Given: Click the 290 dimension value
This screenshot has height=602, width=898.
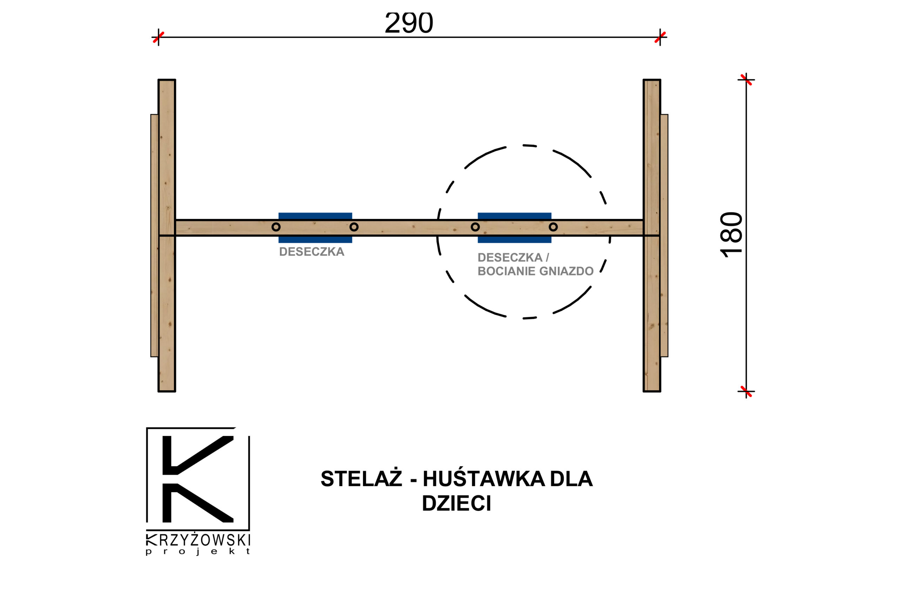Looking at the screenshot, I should pyautogui.click(x=409, y=23).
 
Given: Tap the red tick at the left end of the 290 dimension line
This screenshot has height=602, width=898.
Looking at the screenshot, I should pyautogui.click(x=158, y=37).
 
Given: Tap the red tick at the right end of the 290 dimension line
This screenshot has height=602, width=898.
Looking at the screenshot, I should pyautogui.click(x=660, y=37).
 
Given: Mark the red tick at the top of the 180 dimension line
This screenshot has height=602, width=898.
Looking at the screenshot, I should pyautogui.click(x=746, y=80).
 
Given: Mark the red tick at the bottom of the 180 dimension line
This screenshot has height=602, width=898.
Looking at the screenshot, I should pyautogui.click(x=746, y=392).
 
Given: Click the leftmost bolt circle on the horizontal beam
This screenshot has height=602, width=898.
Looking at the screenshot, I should pyautogui.click(x=276, y=227).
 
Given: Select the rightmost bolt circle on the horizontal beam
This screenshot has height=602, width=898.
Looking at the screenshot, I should pyautogui.click(x=553, y=227).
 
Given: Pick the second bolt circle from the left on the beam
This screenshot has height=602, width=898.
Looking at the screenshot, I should pyautogui.click(x=354, y=227).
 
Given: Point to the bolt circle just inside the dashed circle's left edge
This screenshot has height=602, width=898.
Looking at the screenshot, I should pyautogui.click(x=475, y=227).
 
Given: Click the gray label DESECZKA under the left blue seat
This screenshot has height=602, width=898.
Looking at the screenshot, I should pyautogui.click(x=311, y=252).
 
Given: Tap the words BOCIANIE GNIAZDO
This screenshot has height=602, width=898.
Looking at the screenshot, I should pyautogui.click(x=535, y=272).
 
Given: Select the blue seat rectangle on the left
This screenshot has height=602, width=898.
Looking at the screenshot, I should pyautogui.click(x=315, y=216).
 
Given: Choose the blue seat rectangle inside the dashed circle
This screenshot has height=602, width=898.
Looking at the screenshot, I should pyautogui.click(x=515, y=216).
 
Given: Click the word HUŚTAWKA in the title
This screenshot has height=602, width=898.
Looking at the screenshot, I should pyautogui.click(x=484, y=479).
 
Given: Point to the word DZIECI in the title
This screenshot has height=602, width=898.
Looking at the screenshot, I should pyautogui.click(x=456, y=503).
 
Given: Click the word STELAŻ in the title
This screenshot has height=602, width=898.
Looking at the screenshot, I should pyautogui.click(x=361, y=479).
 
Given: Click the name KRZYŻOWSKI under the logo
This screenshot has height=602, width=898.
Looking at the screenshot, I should pyautogui.click(x=198, y=540).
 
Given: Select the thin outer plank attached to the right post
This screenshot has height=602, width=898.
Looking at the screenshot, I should pyautogui.click(x=664, y=235).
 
